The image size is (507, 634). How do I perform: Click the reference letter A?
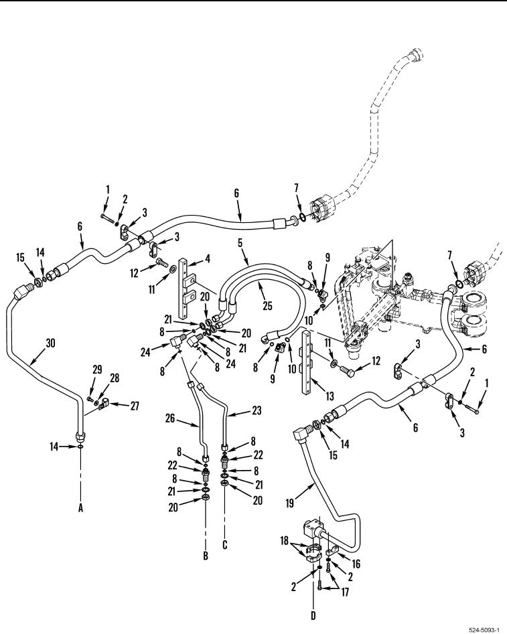81,508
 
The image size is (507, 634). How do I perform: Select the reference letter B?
206,555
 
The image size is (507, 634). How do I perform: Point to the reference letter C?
224,545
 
